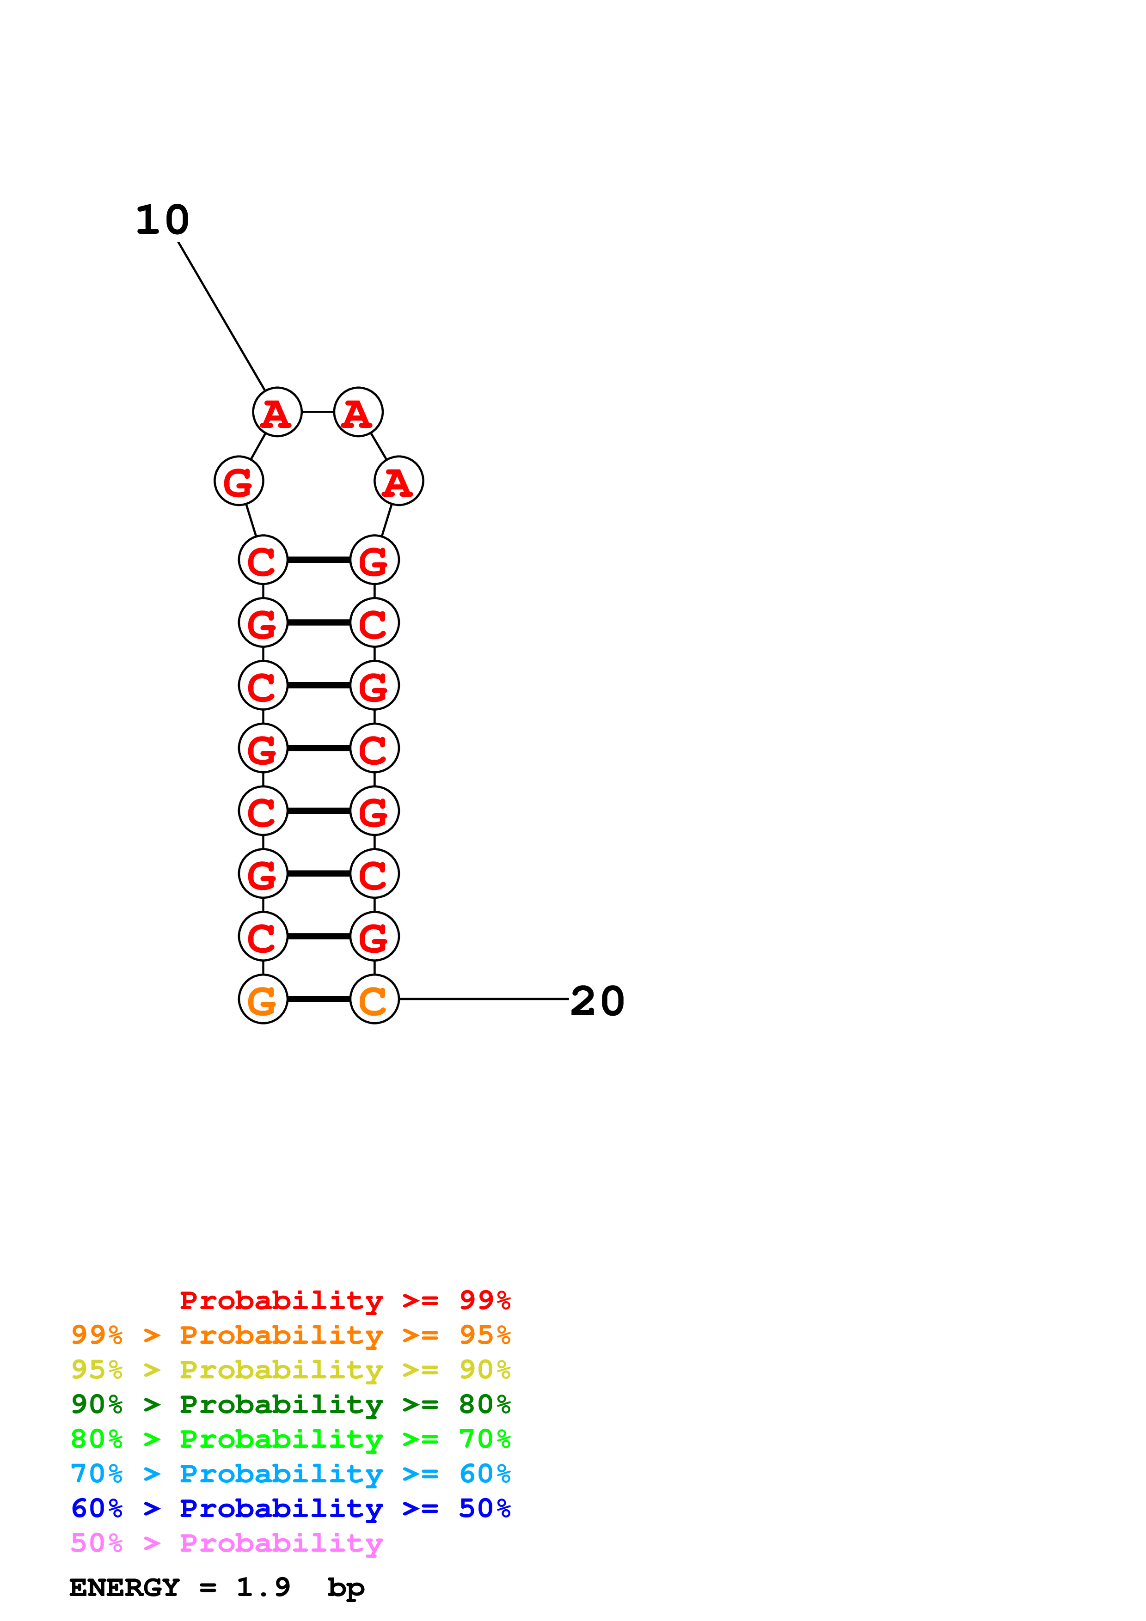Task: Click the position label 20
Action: [x=597, y=1001]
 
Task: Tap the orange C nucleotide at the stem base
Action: [x=374, y=999]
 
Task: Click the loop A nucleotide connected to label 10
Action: [x=277, y=412]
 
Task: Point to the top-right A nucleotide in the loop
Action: [x=358, y=412]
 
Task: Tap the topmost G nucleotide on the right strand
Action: [x=374, y=561]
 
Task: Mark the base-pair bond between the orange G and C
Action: [x=319, y=999]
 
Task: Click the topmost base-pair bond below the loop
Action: [x=319, y=560]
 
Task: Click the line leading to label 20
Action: [x=484, y=999]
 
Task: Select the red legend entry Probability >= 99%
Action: [x=344, y=1300]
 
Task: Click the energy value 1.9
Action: [x=263, y=1587]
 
